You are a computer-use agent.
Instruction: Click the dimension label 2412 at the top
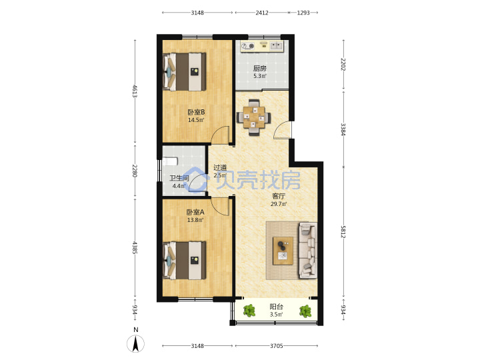tap(262, 13)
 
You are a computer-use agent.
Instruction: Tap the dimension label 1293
tap(303, 13)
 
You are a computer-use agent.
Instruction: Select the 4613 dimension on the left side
tap(135, 91)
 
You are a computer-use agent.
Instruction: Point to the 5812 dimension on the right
tap(343, 232)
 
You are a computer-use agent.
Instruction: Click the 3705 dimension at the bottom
tap(276, 345)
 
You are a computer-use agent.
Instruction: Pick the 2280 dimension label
tap(135, 171)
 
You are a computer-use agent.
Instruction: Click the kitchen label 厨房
tap(259, 69)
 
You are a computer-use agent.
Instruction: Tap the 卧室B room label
tap(196, 112)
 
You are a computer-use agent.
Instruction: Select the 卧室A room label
tap(195, 212)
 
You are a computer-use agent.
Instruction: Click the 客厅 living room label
tap(279, 196)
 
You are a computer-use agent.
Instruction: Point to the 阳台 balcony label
tap(276, 307)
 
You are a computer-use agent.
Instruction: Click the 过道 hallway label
tap(220, 167)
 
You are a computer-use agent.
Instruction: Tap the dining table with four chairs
tap(254, 117)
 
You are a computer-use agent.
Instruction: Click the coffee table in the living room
tap(283, 251)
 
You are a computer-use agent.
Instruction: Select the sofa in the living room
tap(307, 251)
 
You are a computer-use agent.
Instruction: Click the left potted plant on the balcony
tap(249, 311)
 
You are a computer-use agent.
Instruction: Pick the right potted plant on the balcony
tap(305, 311)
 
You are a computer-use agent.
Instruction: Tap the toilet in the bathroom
tap(170, 161)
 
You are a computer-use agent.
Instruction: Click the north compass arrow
tap(135, 343)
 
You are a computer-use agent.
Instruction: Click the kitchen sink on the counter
tap(277, 46)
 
